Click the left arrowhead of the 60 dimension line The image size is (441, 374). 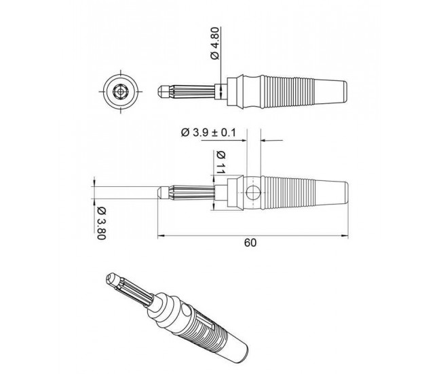pos(160,236)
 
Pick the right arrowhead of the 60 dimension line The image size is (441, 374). pos(345,236)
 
